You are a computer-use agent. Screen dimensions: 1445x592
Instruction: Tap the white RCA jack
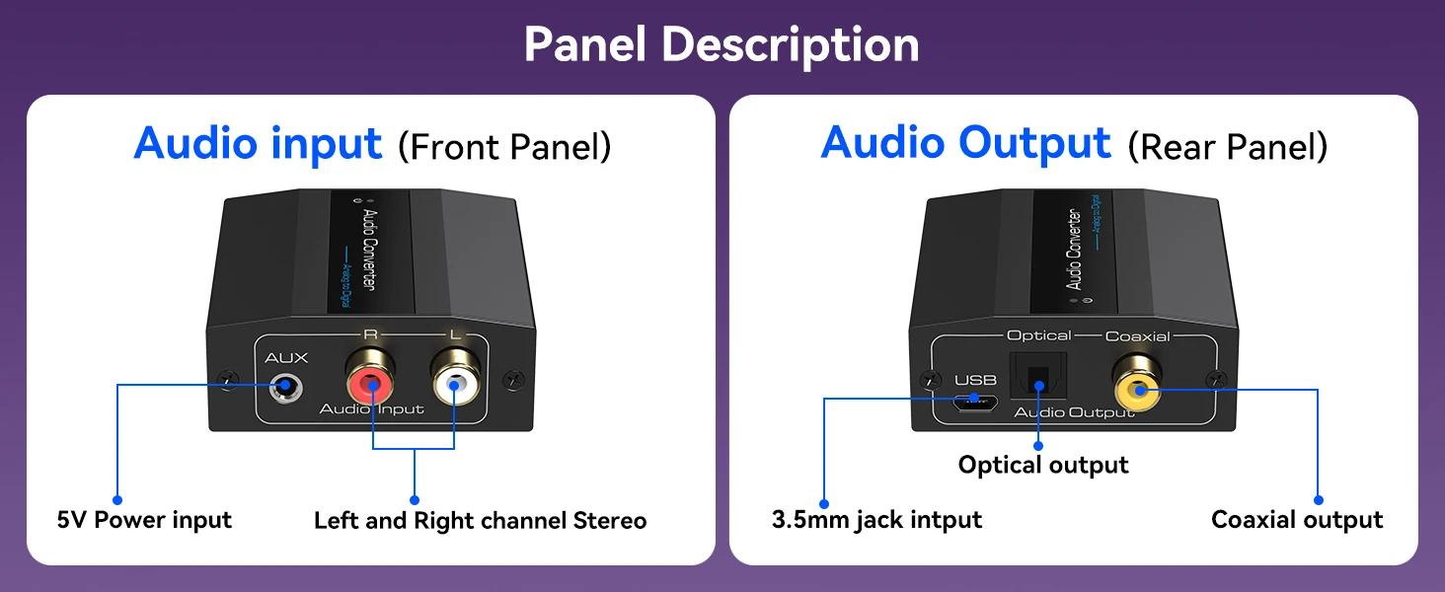tap(454, 384)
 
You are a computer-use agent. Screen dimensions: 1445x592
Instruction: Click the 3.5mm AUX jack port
tap(285, 386)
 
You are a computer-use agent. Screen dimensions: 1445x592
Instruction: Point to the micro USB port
tap(975, 400)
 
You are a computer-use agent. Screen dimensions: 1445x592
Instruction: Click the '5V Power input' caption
tap(144, 520)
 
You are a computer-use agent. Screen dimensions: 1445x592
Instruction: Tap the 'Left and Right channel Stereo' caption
tap(480, 520)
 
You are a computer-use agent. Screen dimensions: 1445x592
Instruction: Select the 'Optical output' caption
tap(1043, 465)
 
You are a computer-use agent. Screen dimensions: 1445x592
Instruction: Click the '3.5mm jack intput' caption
tap(876, 520)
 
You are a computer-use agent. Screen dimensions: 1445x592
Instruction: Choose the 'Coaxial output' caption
tap(1297, 520)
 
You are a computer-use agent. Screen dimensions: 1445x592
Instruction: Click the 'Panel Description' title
tap(722, 44)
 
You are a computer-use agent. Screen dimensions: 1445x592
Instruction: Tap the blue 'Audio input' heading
tap(258, 143)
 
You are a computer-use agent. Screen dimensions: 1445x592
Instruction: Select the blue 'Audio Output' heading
tap(965, 143)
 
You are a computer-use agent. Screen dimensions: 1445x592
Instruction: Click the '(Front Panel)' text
tap(504, 147)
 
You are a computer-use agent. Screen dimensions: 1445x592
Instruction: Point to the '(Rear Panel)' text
tap(1227, 147)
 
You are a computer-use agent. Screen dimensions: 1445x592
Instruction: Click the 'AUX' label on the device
tap(286, 357)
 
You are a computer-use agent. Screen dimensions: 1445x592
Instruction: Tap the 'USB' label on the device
tap(975, 380)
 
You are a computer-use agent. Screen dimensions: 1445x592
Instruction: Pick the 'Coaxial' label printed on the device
tap(1137, 336)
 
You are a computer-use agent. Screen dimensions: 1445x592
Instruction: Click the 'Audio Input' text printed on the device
tap(371, 408)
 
